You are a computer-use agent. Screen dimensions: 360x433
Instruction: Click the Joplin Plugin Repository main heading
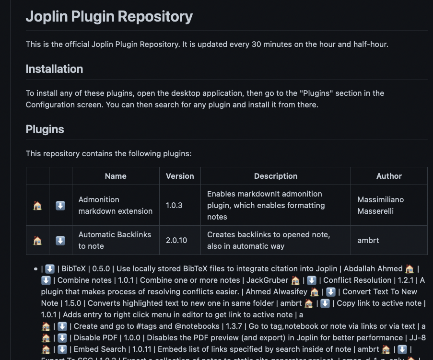[109, 16]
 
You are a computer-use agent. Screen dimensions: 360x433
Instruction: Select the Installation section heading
[54, 69]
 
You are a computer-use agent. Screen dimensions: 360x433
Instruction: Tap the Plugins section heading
[45, 129]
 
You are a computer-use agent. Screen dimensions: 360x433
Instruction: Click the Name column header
[116, 176]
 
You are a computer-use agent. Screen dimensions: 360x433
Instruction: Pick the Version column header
[180, 176]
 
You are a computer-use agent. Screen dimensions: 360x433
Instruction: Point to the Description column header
[276, 176]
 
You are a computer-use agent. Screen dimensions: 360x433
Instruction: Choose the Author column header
[389, 176]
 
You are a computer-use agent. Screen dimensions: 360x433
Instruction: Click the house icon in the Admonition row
[37, 206]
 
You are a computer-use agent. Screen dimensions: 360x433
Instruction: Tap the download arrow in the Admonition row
[60, 206]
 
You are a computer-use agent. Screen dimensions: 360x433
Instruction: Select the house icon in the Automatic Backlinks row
[37, 241]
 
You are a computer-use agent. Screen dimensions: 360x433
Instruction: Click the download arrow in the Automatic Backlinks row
[60, 241]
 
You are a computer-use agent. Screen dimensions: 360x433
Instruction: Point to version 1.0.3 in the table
[174, 205]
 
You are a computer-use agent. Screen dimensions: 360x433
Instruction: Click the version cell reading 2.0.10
[176, 240]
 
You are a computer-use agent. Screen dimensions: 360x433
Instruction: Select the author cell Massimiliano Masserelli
[381, 205]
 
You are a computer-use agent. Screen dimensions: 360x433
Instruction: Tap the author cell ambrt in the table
[368, 240]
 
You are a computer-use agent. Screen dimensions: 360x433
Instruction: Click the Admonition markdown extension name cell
[115, 205]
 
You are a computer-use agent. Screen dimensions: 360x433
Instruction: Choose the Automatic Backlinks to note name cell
[115, 240]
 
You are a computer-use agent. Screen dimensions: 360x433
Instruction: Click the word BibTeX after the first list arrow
[73, 269]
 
